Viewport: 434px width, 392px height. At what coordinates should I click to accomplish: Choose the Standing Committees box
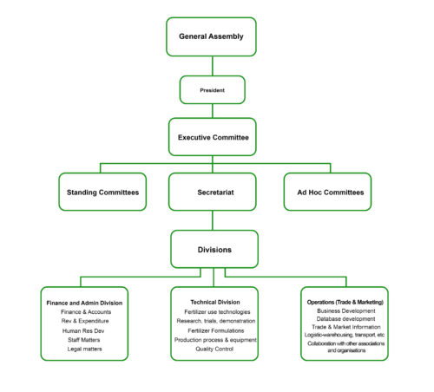[x=102, y=192]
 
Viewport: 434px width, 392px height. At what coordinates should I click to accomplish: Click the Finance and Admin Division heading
[x=84, y=303]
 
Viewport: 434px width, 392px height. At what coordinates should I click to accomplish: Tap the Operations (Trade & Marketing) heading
[x=345, y=302]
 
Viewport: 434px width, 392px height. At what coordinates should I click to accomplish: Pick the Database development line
[x=345, y=318]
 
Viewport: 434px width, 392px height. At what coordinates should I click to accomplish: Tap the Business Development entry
[x=345, y=310]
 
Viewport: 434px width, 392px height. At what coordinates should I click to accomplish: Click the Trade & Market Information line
[x=345, y=327]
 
